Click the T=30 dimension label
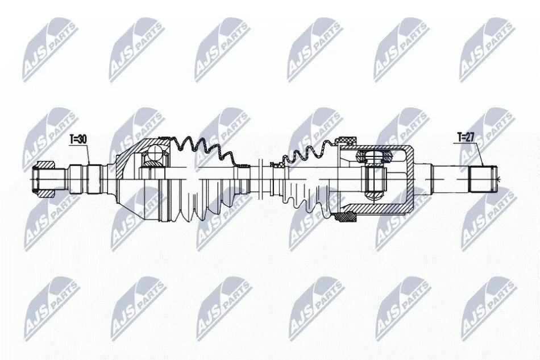78,139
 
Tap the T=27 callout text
466,136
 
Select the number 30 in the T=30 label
82,139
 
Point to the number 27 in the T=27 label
470,136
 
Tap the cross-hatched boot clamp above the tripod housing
347,141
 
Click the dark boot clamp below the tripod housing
347,218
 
